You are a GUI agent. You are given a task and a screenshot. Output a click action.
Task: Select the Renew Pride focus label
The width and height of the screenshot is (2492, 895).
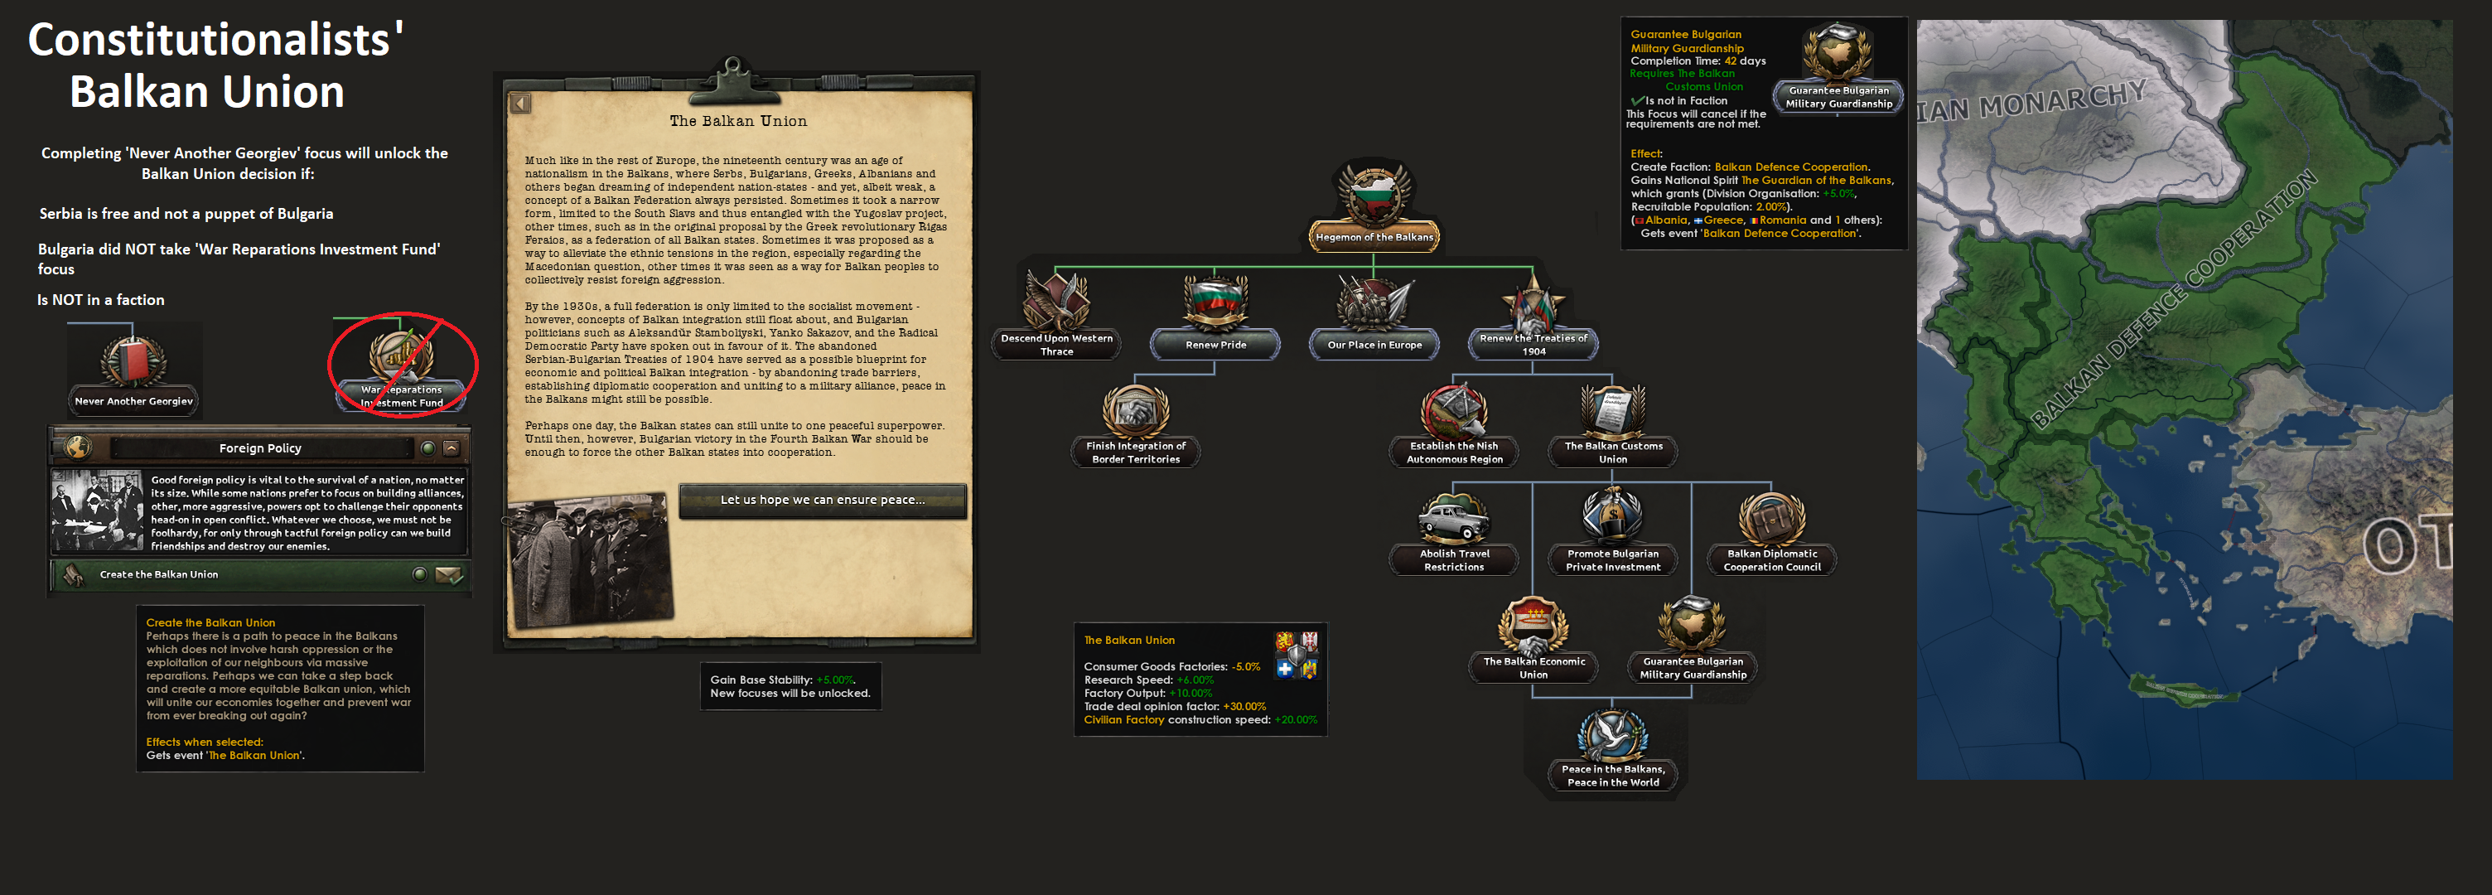[1215, 345]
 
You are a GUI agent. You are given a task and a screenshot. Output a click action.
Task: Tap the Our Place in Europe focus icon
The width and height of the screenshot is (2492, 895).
[1374, 302]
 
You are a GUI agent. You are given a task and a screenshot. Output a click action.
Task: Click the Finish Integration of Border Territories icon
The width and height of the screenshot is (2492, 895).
[1136, 411]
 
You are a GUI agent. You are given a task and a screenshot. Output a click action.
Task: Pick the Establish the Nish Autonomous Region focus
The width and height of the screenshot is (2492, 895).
[1454, 411]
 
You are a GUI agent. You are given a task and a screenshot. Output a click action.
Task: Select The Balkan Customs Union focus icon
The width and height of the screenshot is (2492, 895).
[1613, 411]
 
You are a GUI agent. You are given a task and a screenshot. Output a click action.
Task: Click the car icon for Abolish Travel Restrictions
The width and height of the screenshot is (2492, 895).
[1454, 519]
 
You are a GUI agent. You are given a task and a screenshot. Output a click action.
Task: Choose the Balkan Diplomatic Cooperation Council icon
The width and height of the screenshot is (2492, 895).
[1771, 519]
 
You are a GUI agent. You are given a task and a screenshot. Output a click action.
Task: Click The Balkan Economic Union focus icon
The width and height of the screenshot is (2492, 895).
[1533, 626]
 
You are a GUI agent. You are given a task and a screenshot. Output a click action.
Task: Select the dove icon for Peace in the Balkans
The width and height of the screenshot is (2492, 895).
[1613, 734]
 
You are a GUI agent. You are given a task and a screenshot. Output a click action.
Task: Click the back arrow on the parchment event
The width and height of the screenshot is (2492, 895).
[520, 104]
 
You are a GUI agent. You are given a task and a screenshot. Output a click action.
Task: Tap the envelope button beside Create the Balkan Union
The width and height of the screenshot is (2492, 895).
[449, 575]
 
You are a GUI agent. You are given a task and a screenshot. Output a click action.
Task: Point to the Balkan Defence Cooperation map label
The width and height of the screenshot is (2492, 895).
[2171, 300]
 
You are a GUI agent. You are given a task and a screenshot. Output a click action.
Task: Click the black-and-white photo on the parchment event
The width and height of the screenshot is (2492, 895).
[589, 559]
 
